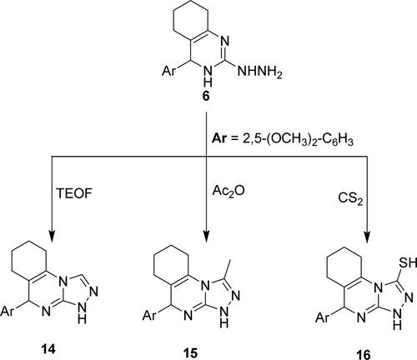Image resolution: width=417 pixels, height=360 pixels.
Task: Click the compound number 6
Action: click(206, 97)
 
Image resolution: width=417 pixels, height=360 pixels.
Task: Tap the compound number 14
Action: click(48, 348)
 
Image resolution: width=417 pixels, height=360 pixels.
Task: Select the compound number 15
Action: click(190, 352)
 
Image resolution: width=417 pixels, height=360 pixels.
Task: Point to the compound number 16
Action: click(364, 355)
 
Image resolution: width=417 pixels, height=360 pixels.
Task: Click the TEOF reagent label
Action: click(74, 193)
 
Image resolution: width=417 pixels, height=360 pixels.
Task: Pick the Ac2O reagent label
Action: click(229, 191)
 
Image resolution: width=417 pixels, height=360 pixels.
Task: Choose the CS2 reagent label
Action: click(350, 199)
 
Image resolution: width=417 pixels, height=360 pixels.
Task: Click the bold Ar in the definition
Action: click(219, 139)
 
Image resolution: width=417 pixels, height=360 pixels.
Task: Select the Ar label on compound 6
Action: click(169, 72)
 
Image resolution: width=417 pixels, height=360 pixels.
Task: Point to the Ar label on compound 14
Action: click(7, 311)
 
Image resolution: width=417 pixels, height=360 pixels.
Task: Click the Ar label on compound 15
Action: click(149, 316)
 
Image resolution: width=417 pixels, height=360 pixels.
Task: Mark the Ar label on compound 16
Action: click(322, 317)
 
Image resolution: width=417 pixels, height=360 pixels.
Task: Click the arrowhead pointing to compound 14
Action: click(52, 236)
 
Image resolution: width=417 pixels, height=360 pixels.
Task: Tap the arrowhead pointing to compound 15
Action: click(206, 236)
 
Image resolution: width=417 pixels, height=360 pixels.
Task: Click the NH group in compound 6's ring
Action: click(208, 76)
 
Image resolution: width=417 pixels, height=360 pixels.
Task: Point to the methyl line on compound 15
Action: click(227, 269)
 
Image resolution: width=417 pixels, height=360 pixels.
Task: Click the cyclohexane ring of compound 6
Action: click(173, 18)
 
